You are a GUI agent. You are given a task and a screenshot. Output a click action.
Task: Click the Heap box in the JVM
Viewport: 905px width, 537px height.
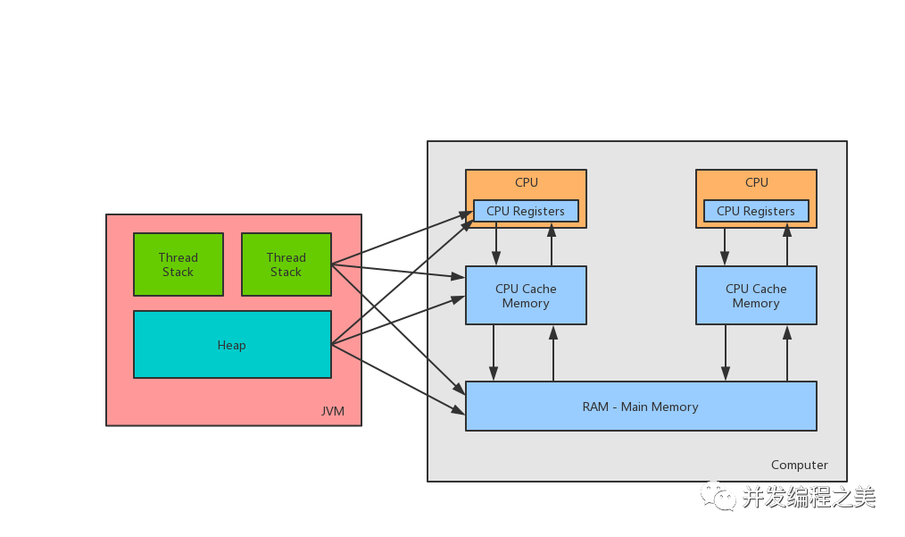point(232,345)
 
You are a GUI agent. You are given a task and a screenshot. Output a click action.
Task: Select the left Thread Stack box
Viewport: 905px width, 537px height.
point(178,264)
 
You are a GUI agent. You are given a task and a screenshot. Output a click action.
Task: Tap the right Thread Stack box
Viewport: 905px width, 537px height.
point(286,264)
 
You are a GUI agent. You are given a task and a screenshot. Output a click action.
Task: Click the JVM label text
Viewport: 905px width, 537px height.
point(333,411)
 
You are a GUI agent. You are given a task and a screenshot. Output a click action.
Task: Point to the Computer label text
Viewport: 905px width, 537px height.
point(799,465)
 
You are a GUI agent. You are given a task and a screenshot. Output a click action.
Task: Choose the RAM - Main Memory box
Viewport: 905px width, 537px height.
point(640,407)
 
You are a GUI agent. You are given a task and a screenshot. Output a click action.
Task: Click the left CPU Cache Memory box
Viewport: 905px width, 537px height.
point(526,296)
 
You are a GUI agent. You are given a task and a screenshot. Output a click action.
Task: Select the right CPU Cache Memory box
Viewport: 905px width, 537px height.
point(756,296)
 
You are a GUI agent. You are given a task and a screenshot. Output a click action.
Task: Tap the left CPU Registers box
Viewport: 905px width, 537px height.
point(525,211)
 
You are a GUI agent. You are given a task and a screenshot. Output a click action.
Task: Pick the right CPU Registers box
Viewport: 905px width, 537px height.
point(755,211)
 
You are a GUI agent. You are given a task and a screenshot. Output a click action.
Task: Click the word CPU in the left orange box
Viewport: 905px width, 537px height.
point(527,182)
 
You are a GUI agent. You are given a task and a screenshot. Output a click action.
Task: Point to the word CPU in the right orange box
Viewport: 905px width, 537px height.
point(757,182)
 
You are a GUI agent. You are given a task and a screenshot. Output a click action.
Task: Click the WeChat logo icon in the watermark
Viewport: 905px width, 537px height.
point(718,495)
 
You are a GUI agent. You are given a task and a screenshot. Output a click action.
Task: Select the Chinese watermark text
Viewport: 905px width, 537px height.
point(809,497)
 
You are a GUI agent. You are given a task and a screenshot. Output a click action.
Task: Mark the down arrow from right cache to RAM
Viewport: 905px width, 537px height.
point(725,353)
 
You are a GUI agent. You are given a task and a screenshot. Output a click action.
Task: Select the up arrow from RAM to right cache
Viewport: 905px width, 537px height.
point(787,353)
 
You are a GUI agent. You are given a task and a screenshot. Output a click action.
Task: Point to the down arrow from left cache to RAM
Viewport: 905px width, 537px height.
point(494,353)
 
